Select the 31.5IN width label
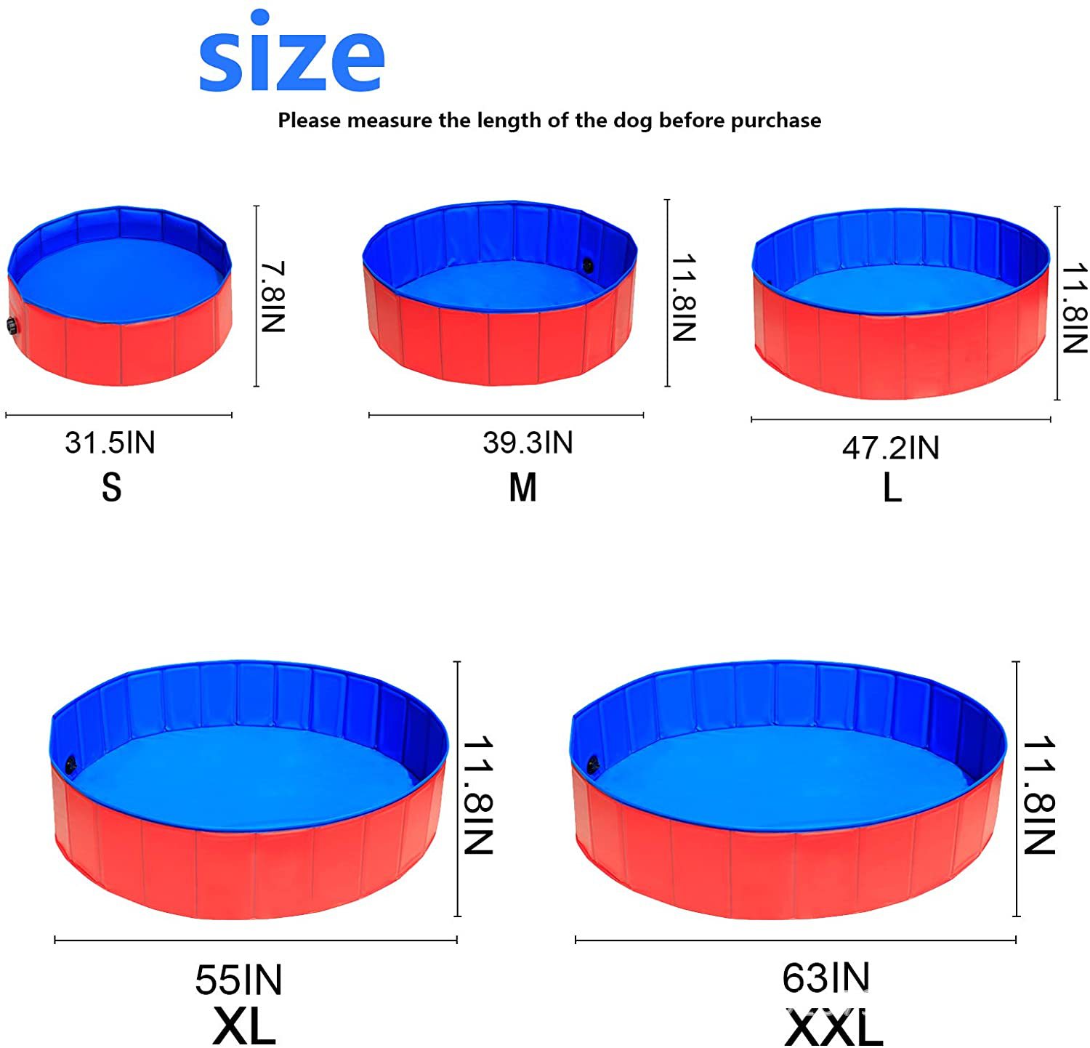pos(110,443)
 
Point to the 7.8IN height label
pos(273,297)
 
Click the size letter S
pos(111,488)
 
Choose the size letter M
pos(522,488)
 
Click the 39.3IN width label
pos(528,443)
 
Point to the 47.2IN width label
pos(891,448)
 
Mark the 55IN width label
pos(238,980)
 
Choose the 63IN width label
pos(825,978)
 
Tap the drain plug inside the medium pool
pos(587,266)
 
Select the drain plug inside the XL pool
pos(70,764)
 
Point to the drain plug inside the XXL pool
pos(593,764)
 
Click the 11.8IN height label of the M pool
pos(684,297)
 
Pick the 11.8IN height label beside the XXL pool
pos(1038,795)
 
